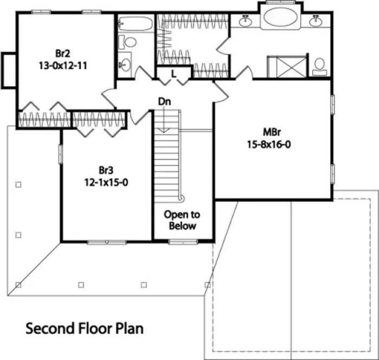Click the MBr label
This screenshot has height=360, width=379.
[271, 133]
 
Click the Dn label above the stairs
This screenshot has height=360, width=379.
[165, 101]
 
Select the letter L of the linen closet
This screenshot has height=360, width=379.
[174, 73]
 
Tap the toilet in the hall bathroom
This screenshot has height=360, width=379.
[129, 42]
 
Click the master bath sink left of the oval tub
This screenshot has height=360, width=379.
[245, 21]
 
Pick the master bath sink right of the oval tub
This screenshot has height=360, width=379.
[316, 21]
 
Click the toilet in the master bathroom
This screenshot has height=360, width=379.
[320, 65]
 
